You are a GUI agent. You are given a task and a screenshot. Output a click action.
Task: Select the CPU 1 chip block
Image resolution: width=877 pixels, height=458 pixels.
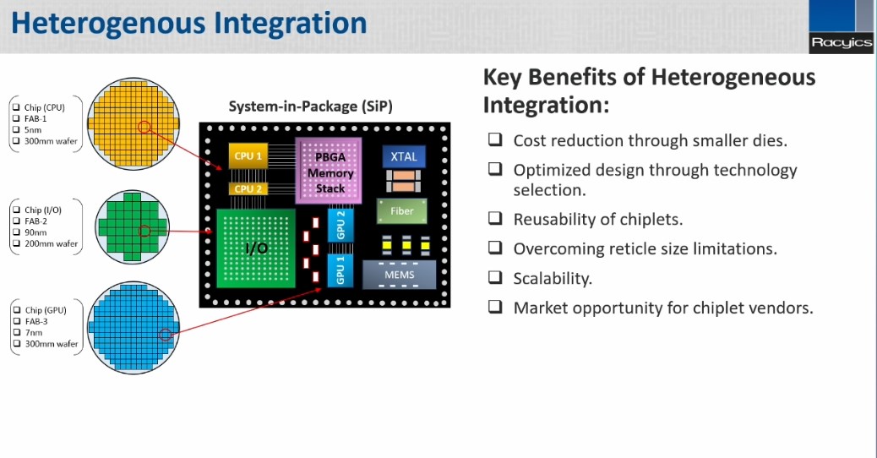coord(248,155)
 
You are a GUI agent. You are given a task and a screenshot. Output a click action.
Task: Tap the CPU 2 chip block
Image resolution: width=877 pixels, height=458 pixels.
coord(248,188)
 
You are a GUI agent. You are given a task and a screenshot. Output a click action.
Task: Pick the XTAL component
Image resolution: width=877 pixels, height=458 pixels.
coord(404,157)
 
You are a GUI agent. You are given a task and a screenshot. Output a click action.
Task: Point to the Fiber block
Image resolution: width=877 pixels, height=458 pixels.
coord(401,210)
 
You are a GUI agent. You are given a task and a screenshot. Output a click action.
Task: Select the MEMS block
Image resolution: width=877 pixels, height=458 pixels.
coord(400,275)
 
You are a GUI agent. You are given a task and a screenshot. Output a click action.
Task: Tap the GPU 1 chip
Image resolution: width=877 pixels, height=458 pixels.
coord(340,271)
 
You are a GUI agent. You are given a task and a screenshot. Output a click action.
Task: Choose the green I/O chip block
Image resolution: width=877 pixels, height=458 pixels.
coord(257,248)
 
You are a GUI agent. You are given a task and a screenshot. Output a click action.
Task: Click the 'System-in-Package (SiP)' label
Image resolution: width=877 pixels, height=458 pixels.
coord(310,106)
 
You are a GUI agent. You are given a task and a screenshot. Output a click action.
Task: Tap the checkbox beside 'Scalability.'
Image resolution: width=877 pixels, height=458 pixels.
coord(495,277)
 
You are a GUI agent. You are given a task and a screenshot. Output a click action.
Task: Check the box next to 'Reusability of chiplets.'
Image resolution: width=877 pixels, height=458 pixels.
coord(495,219)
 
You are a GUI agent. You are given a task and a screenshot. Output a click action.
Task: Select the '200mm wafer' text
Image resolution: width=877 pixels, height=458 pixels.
coord(51,243)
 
